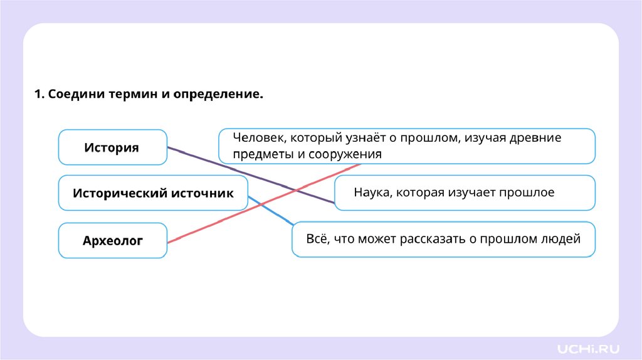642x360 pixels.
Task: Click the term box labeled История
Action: (x=112, y=147)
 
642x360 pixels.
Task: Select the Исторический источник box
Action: (x=153, y=193)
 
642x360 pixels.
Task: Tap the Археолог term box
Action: (x=113, y=240)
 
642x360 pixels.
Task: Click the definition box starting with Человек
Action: (x=406, y=146)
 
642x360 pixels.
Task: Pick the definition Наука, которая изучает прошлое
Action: (x=465, y=193)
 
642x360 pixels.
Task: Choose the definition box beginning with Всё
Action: (x=443, y=239)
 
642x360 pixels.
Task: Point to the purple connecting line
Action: (x=251, y=176)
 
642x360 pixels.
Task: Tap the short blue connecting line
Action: (x=270, y=210)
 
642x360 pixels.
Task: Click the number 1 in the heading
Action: (x=38, y=95)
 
